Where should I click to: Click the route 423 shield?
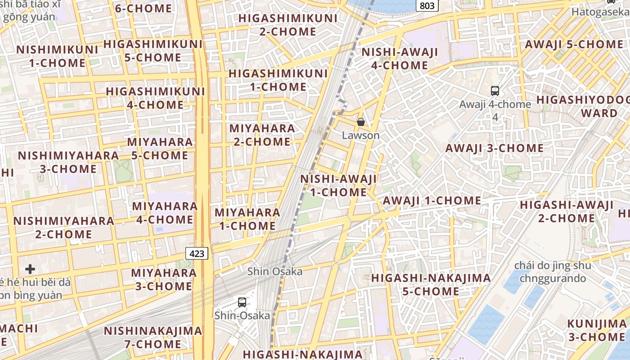pyautogui.click(x=197, y=253)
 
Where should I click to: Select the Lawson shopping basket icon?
pyautogui.click(x=360, y=121)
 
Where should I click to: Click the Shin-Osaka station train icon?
pyautogui.click(x=242, y=302)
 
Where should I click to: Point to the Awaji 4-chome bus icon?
pyautogui.click(x=495, y=90)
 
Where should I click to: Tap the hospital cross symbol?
pyautogui.click(x=30, y=269)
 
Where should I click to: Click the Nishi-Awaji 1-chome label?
pyautogui.click(x=338, y=185)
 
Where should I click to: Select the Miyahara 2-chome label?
pyautogui.click(x=262, y=135)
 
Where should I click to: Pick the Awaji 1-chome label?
pyautogui.click(x=432, y=201)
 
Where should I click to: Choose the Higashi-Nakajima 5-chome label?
pyautogui.click(x=431, y=284)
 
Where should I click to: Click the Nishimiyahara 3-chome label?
pyautogui.click(x=68, y=162)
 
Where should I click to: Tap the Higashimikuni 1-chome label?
pyautogui.click(x=278, y=80)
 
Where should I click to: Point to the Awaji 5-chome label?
pyautogui.click(x=574, y=45)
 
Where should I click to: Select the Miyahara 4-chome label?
pyautogui.click(x=165, y=213)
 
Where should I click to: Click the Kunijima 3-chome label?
pyautogui.click(x=596, y=330)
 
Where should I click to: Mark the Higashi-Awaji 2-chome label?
pyautogui.click(x=567, y=211)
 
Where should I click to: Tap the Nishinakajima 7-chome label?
pyautogui.click(x=153, y=337)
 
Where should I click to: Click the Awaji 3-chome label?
pyautogui.click(x=494, y=148)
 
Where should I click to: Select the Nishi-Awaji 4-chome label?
pyautogui.click(x=400, y=58)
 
